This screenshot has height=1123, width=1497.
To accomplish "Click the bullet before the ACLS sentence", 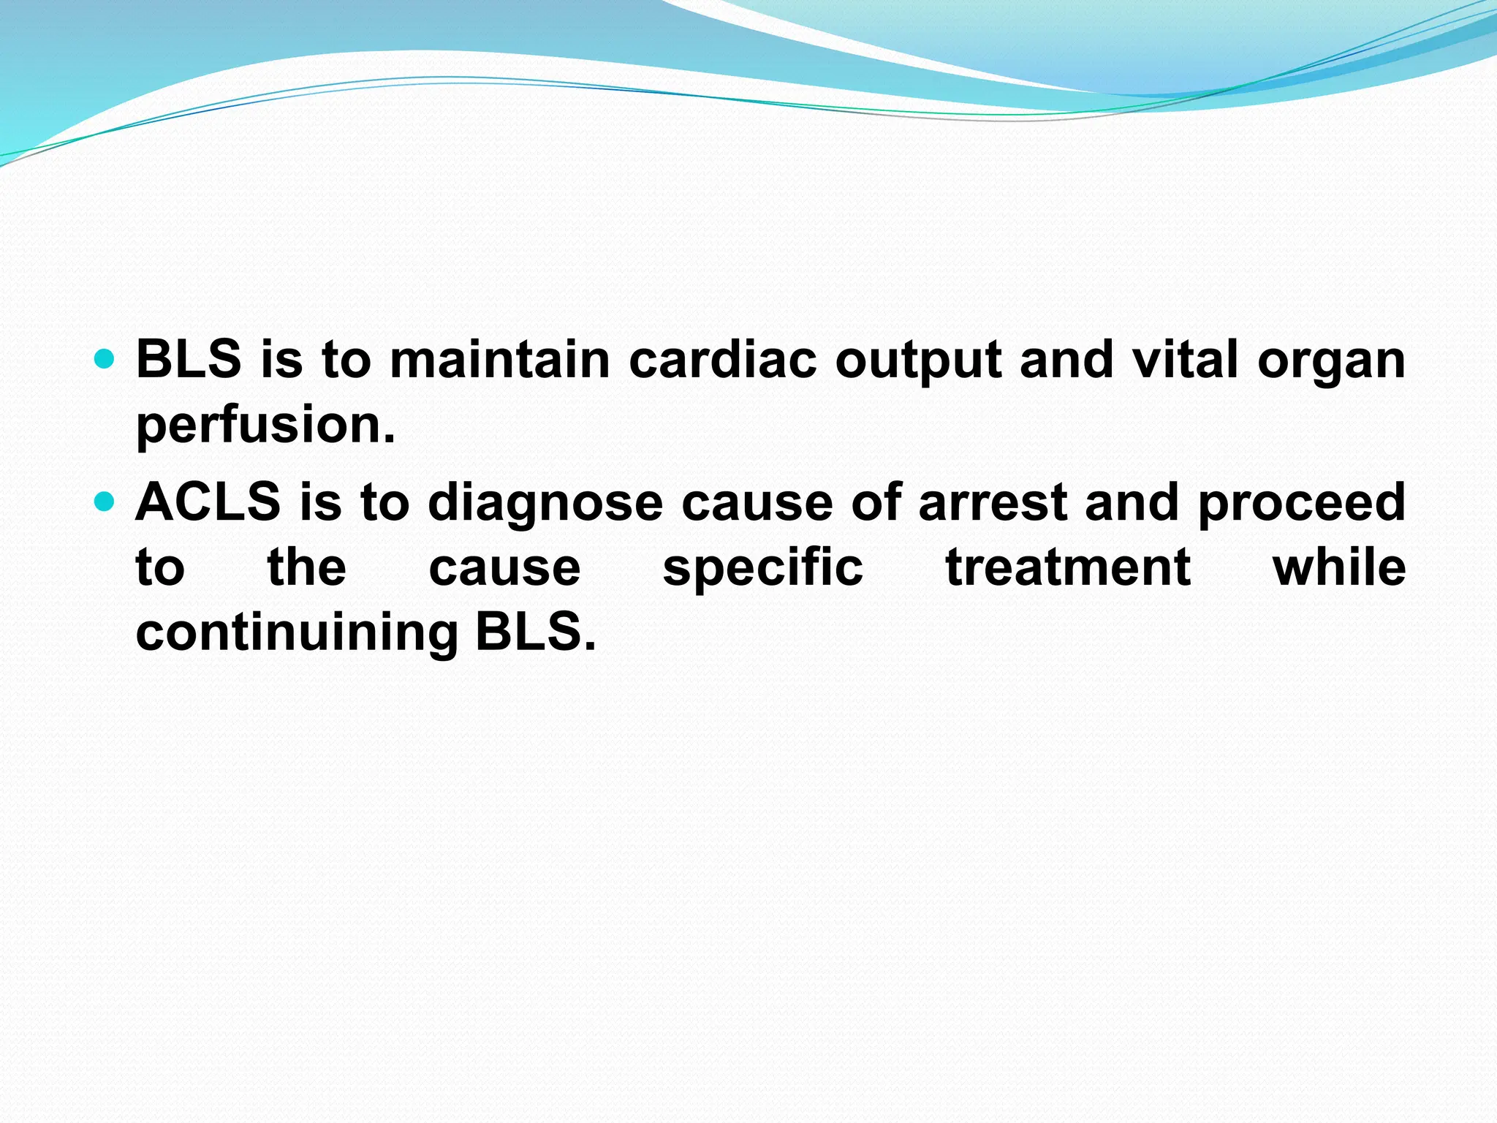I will [105, 502].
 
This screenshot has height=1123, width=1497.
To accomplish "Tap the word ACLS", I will [208, 502].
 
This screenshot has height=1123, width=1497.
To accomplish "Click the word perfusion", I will [265, 426].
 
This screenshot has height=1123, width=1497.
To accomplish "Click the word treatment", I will [1068, 569].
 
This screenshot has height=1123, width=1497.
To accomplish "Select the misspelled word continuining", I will [297, 633].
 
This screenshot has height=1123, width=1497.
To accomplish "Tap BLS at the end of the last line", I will [535, 632].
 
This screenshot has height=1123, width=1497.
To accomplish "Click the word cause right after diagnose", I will [757, 504].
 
